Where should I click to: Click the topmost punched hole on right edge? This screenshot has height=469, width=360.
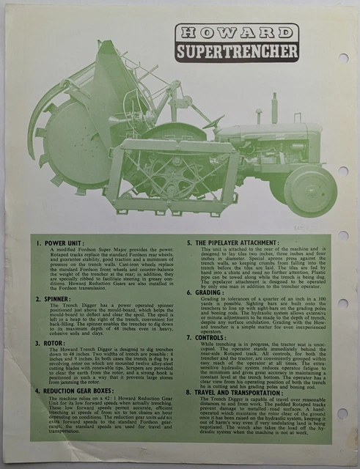pos(344,58)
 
